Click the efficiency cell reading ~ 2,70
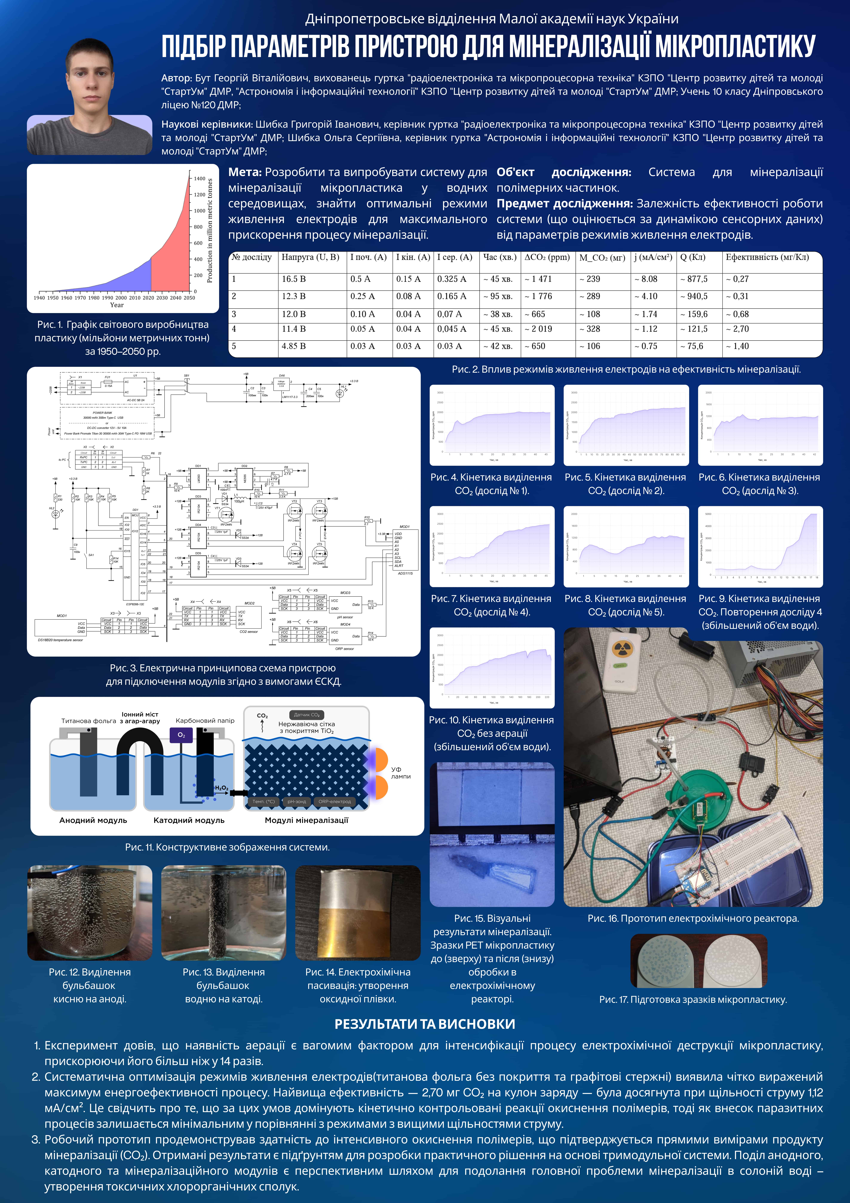[x=737, y=329]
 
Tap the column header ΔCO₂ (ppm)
[x=547, y=257]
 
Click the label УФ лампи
[x=400, y=773]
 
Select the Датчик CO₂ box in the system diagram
[x=307, y=715]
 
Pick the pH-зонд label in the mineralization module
[x=297, y=802]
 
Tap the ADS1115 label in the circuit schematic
[x=405, y=573]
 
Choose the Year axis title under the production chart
[x=117, y=305]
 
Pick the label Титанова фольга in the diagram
[x=89, y=721]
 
